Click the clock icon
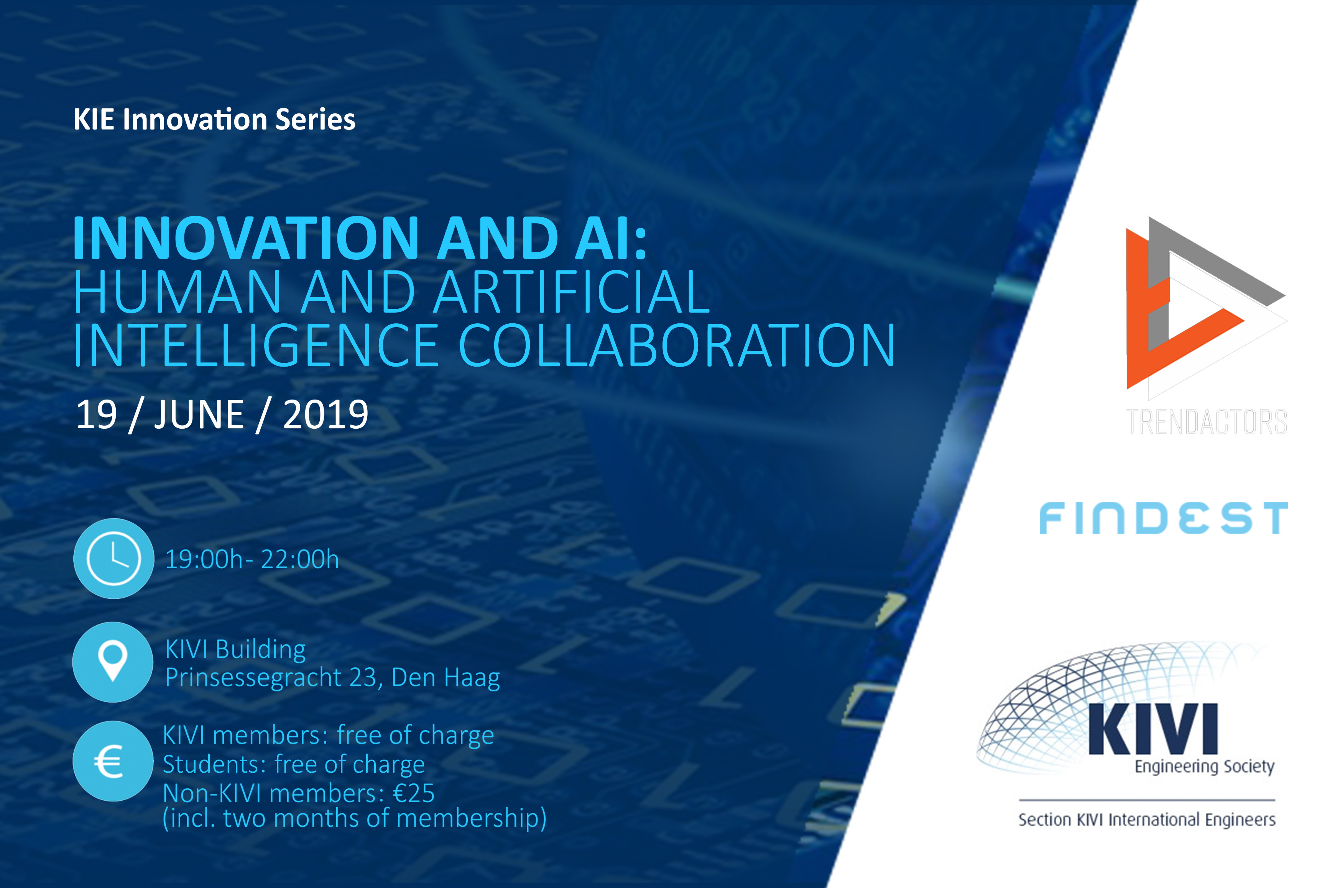tap(113, 559)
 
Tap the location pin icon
tap(113, 662)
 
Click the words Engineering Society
tap(1204, 766)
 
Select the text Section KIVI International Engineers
tap(1147, 819)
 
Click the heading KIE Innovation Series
tap(214, 120)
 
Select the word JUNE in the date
tap(199, 415)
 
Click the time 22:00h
tap(300, 560)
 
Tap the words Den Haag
tap(446, 677)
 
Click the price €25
tap(414, 793)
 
